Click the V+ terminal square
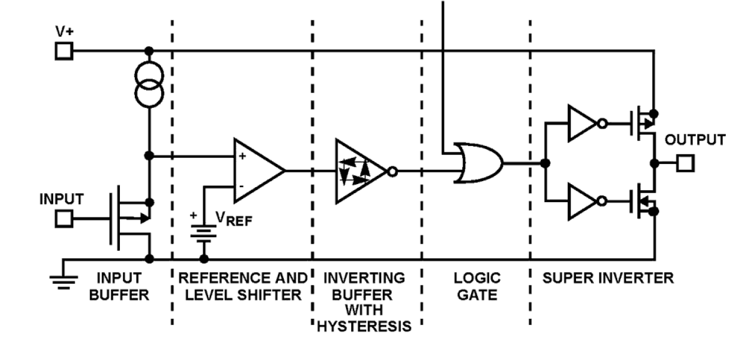[x=64, y=51]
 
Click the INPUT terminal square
[x=64, y=219]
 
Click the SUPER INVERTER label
[x=608, y=278]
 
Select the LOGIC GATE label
[x=476, y=287]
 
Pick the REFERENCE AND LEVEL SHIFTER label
[x=242, y=287]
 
